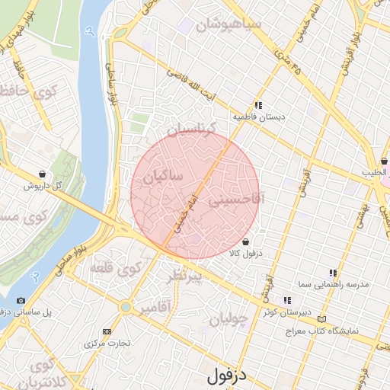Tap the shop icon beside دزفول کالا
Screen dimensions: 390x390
[x=244, y=242]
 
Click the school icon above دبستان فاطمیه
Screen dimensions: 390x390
[x=258, y=106]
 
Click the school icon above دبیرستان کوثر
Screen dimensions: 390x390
[x=287, y=300]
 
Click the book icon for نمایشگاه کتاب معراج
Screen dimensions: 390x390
[x=324, y=318]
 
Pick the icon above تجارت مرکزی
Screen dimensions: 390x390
[x=106, y=331]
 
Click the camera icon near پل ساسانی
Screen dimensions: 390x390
[x=21, y=300]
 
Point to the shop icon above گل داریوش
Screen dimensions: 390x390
[x=41, y=174]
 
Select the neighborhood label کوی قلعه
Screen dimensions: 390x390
[x=115, y=268]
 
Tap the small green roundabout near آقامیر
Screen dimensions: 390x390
[x=126, y=307]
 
